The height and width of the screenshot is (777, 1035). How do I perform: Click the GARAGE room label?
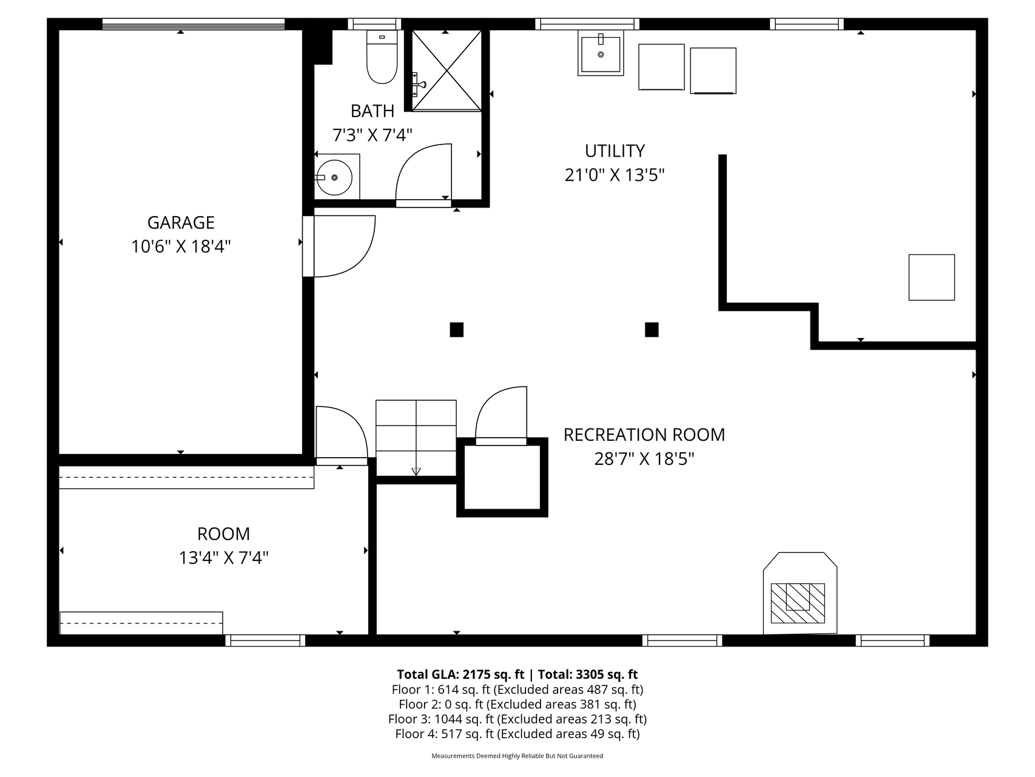(x=181, y=223)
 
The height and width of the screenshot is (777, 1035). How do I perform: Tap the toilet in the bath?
(x=382, y=56)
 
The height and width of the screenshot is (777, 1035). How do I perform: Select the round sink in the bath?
(x=335, y=177)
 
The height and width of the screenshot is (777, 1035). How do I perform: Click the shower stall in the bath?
(x=447, y=70)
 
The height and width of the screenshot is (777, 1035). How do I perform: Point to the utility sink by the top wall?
(x=601, y=53)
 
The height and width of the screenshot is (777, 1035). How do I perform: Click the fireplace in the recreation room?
(x=800, y=594)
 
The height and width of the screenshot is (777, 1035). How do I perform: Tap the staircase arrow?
(x=416, y=470)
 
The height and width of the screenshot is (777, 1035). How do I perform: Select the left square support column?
(x=457, y=330)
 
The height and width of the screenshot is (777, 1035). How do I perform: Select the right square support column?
(x=652, y=330)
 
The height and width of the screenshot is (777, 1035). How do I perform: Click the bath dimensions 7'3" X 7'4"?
(x=373, y=135)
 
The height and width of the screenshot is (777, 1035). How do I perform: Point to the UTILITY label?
(x=615, y=151)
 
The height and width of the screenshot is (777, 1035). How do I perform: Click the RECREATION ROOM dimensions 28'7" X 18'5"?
(x=644, y=459)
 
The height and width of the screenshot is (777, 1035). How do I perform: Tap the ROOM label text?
(x=223, y=534)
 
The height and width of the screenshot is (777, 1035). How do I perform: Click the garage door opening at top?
(x=194, y=24)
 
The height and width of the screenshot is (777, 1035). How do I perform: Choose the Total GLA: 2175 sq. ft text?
(x=460, y=674)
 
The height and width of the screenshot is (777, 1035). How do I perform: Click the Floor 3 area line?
(x=517, y=719)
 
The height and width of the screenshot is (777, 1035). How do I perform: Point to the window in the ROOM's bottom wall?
(x=265, y=640)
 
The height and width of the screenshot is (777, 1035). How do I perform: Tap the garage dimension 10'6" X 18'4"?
(x=181, y=247)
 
